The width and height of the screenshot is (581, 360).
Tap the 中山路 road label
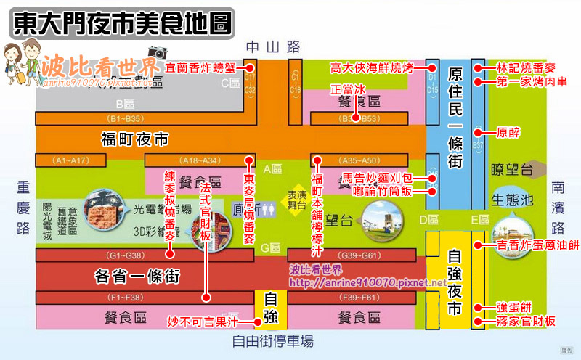(273, 46)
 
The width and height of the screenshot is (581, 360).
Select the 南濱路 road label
(558, 208)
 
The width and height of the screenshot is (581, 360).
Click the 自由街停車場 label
(273, 340)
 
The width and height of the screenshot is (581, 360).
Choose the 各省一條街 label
(137, 277)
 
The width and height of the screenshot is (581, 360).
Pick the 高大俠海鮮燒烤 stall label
(371, 67)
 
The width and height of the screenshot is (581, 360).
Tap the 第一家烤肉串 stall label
(527, 82)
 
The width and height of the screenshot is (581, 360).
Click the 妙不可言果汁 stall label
(203, 320)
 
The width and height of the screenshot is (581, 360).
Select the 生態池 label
(512, 198)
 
